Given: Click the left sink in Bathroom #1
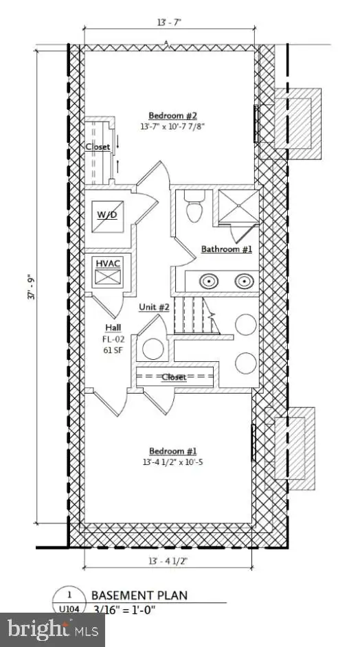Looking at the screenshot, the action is [x=210, y=282].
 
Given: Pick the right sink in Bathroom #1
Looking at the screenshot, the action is [x=245, y=282].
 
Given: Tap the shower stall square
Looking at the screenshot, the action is [x=238, y=207].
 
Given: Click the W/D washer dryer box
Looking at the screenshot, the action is [x=107, y=216].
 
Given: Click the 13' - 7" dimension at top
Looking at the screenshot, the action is [x=169, y=22].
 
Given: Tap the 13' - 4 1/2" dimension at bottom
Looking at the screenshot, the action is [x=169, y=560].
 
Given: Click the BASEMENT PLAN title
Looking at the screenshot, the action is [x=139, y=595].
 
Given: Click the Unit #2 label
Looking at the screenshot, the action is [x=154, y=307].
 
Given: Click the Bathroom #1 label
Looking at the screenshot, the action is [x=226, y=249].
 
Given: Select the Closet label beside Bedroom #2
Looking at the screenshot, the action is [x=98, y=146].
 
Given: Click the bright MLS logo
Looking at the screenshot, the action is [x=53, y=630].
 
